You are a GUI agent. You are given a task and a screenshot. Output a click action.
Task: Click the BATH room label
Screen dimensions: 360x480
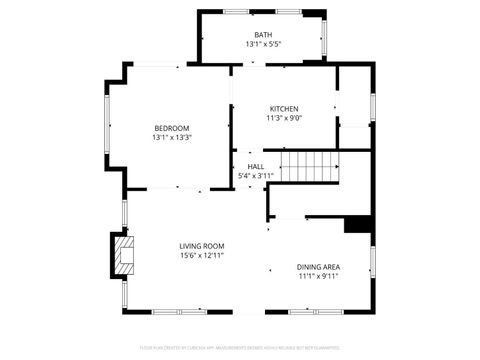click(x=263, y=35)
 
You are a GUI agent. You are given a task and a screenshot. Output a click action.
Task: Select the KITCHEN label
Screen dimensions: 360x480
click(x=284, y=108)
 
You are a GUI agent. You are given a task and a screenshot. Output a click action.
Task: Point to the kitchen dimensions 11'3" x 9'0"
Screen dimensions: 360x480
click(x=284, y=118)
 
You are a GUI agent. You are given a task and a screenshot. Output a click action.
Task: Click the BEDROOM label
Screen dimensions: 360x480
click(x=172, y=127)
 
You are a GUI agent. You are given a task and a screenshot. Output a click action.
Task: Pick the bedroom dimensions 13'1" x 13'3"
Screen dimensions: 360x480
click(x=172, y=137)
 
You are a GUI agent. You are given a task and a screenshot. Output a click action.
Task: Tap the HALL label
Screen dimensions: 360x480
click(x=256, y=167)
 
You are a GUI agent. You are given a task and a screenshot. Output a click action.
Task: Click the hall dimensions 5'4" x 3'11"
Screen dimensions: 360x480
click(x=256, y=177)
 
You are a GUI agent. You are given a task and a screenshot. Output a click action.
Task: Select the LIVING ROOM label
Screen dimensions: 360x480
click(x=202, y=246)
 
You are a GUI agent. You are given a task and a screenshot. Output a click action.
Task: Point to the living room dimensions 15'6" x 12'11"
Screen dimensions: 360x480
click(x=202, y=256)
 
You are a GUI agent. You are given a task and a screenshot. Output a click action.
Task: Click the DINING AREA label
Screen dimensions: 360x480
click(x=318, y=267)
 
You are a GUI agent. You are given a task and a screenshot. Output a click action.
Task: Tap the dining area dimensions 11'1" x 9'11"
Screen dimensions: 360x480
click(x=318, y=277)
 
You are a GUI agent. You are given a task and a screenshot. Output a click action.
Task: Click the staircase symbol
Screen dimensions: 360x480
click(x=309, y=166)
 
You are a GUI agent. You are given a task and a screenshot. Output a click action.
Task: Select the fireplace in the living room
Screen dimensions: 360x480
click(x=123, y=255)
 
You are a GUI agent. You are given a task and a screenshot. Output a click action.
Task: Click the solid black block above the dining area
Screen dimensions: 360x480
click(x=358, y=225)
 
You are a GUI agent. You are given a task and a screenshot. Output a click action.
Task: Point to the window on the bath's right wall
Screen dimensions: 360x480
click(x=322, y=37)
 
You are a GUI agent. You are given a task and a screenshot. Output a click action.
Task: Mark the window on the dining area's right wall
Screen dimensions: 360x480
click(x=372, y=262)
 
